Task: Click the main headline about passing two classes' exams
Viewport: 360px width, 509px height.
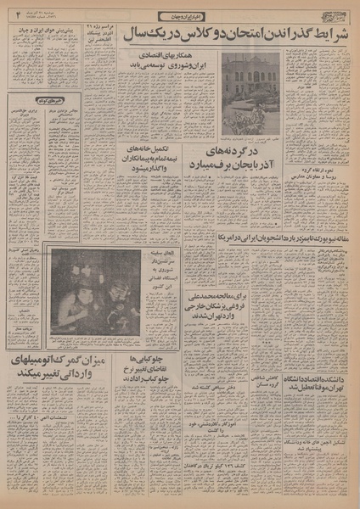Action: (x=233, y=36)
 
